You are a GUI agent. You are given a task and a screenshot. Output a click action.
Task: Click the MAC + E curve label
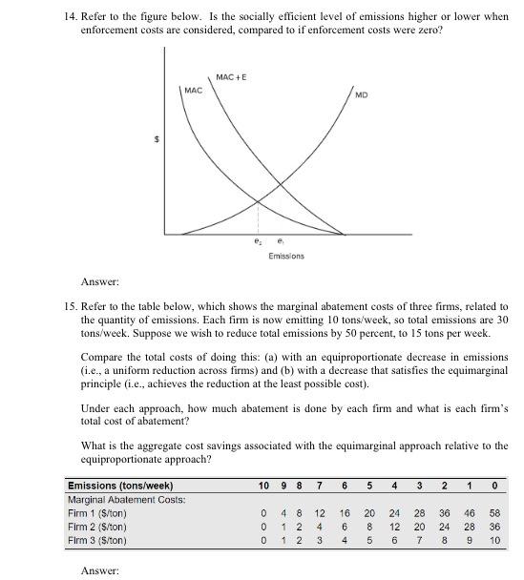click(x=231, y=76)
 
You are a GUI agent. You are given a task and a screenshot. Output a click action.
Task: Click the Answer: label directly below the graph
click(x=100, y=282)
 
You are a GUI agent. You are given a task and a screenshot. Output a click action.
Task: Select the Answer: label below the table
click(x=100, y=570)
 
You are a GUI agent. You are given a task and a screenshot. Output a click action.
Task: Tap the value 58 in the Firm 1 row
click(x=493, y=513)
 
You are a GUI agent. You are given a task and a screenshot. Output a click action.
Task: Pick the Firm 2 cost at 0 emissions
click(x=493, y=528)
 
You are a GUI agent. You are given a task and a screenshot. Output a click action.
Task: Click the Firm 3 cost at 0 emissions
click(x=493, y=541)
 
